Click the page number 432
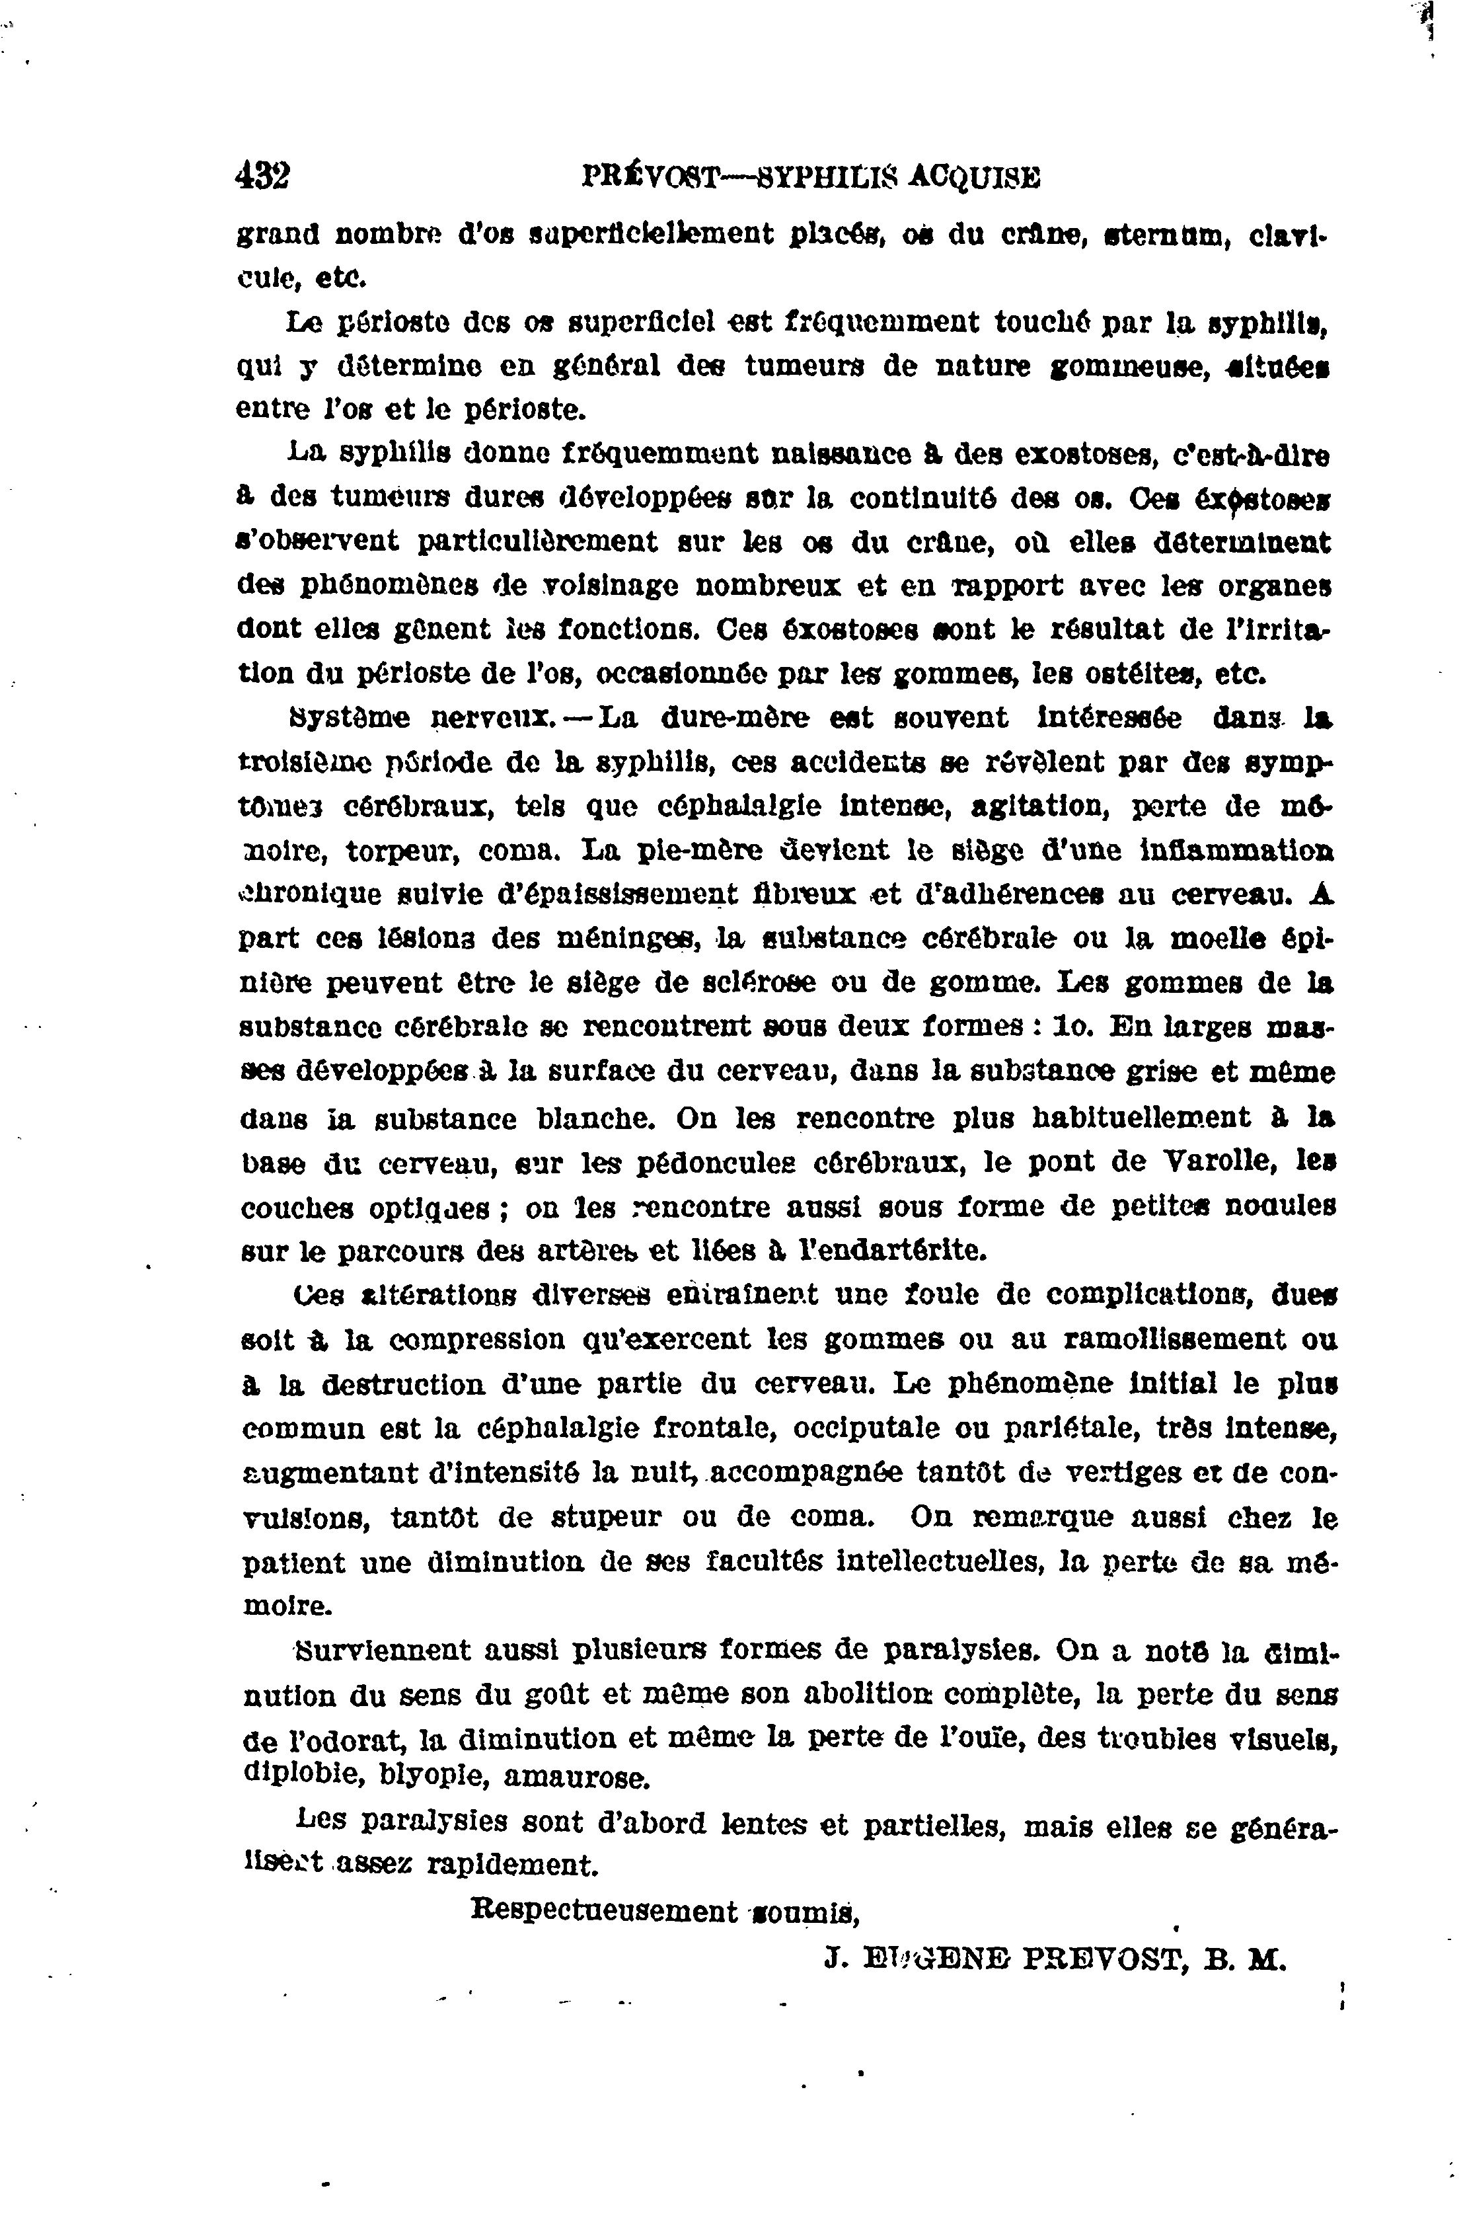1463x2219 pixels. point(264,175)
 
